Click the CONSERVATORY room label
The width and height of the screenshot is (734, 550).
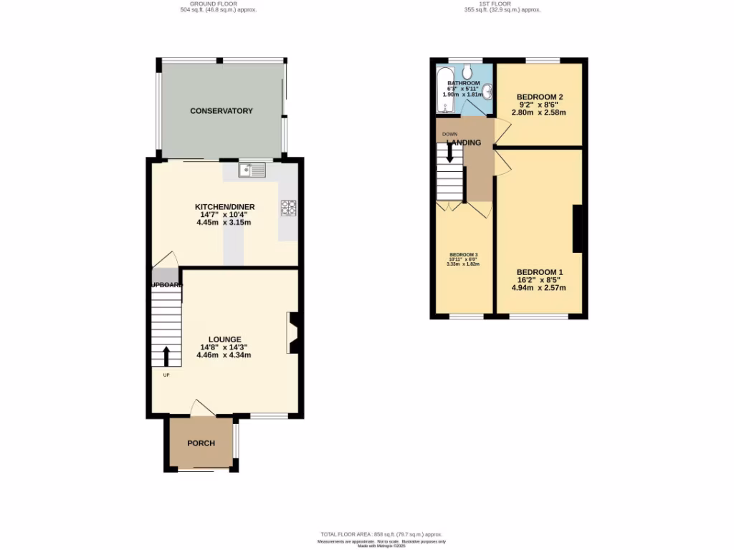click(x=221, y=111)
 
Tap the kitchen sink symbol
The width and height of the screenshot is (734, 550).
click(x=252, y=170)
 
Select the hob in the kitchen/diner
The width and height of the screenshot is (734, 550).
click(x=289, y=208)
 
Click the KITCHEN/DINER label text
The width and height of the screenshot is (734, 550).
click(x=225, y=207)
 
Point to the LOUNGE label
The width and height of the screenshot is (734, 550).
click(x=224, y=339)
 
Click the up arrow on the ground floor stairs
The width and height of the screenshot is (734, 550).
click(x=166, y=356)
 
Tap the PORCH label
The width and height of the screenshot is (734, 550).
click(x=201, y=443)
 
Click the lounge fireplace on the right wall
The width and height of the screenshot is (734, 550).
click(x=294, y=333)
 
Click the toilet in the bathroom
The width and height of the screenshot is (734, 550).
click(x=467, y=71)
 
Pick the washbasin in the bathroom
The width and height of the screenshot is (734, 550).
click(x=487, y=91)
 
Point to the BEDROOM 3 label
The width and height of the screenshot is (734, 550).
click(x=464, y=255)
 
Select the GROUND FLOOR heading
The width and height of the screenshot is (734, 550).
click(x=218, y=4)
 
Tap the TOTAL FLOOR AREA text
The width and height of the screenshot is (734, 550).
click(x=381, y=534)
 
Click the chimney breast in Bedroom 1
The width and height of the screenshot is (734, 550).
click(x=576, y=228)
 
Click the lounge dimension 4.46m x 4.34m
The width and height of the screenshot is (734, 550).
click(x=224, y=355)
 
